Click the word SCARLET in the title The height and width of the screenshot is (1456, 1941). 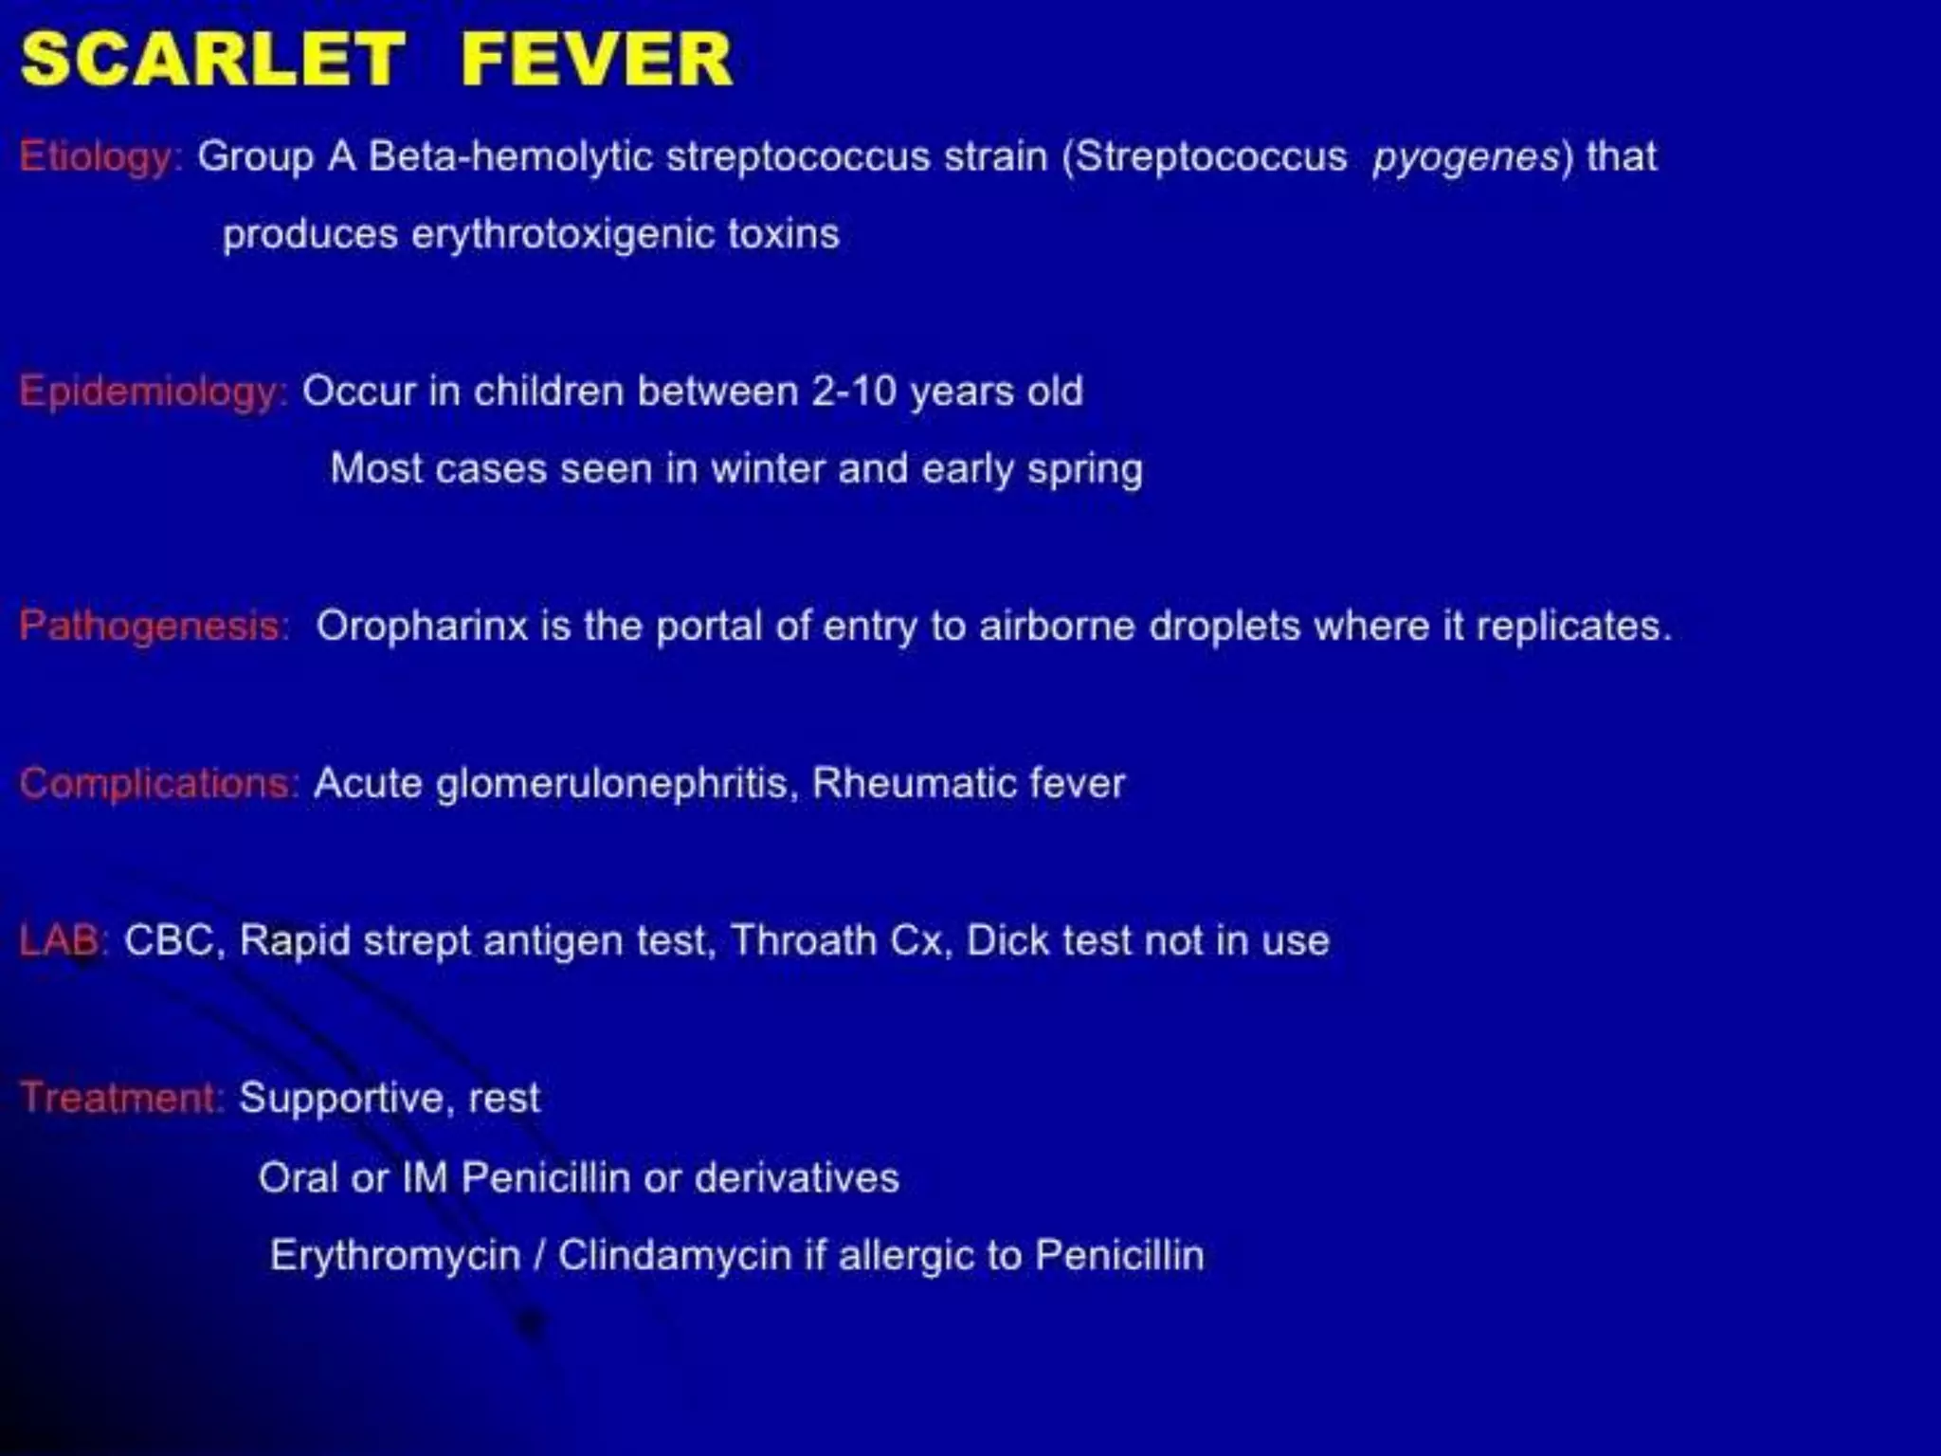[212, 60]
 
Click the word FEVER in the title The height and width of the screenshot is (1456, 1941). [596, 60]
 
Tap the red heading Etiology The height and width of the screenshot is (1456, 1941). [98, 157]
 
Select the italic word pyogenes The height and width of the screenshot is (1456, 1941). [1465, 157]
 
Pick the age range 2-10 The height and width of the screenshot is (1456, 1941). [854, 391]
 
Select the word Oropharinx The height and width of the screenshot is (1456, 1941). [422, 627]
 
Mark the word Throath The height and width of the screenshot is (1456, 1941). [804, 941]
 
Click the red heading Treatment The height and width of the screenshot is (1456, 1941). [120, 1099]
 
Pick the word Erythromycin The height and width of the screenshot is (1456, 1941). [395, 1256]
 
